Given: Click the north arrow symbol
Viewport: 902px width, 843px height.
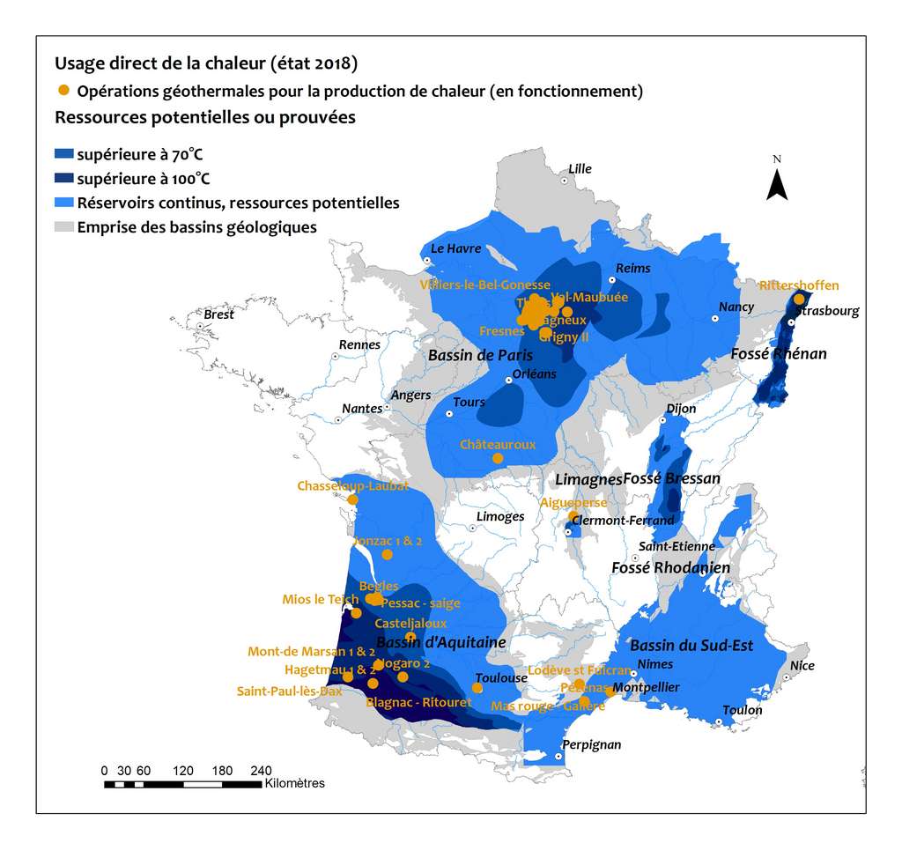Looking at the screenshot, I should pos(776,184).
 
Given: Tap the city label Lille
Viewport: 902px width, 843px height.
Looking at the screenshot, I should pos(580,169).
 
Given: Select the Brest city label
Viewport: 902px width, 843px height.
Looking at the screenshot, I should pos(219,314).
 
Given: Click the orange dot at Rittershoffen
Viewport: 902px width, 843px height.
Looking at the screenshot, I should pos(799,299).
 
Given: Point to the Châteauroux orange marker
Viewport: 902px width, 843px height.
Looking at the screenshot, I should pos(498,458).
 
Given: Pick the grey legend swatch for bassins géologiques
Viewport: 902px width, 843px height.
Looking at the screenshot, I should pos(63,228).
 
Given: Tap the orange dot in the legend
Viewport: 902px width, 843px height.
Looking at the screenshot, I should pos(63,91).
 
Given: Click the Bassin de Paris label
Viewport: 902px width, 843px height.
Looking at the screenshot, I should pos(480,356).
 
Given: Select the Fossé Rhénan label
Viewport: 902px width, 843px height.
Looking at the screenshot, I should pos(779,354).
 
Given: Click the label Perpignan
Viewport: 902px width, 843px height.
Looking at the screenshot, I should pos(591,745).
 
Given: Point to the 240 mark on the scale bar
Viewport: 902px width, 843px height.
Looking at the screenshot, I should pos(261,770).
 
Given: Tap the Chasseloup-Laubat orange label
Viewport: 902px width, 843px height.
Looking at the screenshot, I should pos(352,486).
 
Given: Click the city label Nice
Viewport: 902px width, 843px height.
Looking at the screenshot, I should pos(802,666).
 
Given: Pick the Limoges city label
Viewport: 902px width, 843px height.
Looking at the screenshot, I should pos(499,517).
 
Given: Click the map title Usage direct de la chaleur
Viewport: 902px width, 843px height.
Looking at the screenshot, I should pos(206,63).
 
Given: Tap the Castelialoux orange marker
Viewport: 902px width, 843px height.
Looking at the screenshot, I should pos(410,637).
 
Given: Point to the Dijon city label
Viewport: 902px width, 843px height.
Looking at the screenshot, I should pos(681,409).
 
